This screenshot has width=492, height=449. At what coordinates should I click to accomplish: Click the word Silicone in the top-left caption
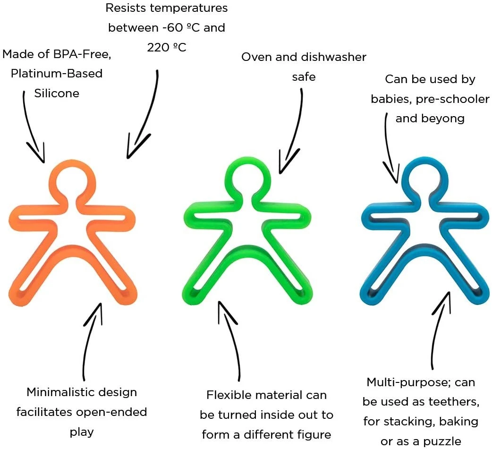coord(57,93)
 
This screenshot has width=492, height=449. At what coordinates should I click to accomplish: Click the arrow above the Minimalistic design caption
coord(91,340)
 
